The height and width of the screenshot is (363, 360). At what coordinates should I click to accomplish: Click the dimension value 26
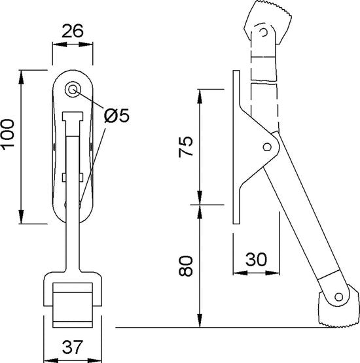point(72,31)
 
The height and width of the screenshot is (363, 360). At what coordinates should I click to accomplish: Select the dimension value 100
point(8,135)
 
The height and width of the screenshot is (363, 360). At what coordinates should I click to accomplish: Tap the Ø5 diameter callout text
point(117,115)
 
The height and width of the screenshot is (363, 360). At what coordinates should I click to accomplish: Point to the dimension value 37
point(72,347)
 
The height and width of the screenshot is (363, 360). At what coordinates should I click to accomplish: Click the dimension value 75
point(185,147)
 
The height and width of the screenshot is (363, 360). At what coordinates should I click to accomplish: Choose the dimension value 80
point(185,266)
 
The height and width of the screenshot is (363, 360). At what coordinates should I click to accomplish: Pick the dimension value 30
point(256,259)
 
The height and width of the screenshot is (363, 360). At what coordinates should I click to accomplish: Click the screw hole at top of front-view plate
point(73,90)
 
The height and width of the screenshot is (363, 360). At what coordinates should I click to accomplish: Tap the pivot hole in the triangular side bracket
point(267,147)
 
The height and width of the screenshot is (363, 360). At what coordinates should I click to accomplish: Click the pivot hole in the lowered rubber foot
point(338,296)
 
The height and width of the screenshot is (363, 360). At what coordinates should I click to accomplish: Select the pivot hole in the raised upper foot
point(263,32)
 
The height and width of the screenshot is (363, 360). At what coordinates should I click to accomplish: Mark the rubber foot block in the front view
point(73,305)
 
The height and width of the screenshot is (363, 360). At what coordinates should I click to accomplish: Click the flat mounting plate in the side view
point(236,147)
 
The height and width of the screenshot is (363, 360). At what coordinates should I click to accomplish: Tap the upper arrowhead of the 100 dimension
point(22,77)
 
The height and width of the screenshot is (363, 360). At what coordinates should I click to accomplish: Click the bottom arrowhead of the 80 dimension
point(200,320)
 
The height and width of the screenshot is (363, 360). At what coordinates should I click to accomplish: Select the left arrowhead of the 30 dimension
point(240,273)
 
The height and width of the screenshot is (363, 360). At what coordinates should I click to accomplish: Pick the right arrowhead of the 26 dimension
point(86,44)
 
